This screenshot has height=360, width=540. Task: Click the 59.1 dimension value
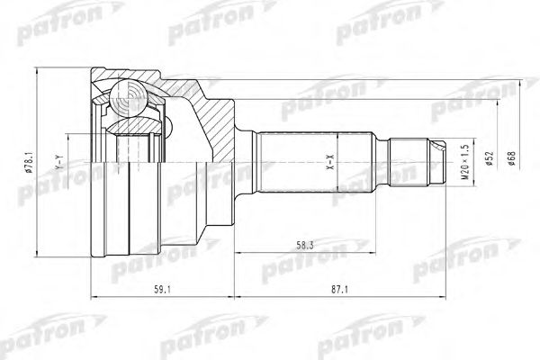coord(162,290)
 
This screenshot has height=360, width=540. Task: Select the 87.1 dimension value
coord(339,290)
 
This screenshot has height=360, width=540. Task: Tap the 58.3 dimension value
coord(305,246)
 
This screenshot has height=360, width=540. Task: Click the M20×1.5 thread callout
coord(465,162)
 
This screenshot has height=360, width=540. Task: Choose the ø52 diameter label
coord(490,158)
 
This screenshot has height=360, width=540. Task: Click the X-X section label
coord(330,162)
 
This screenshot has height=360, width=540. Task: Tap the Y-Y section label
coord(58,162)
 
